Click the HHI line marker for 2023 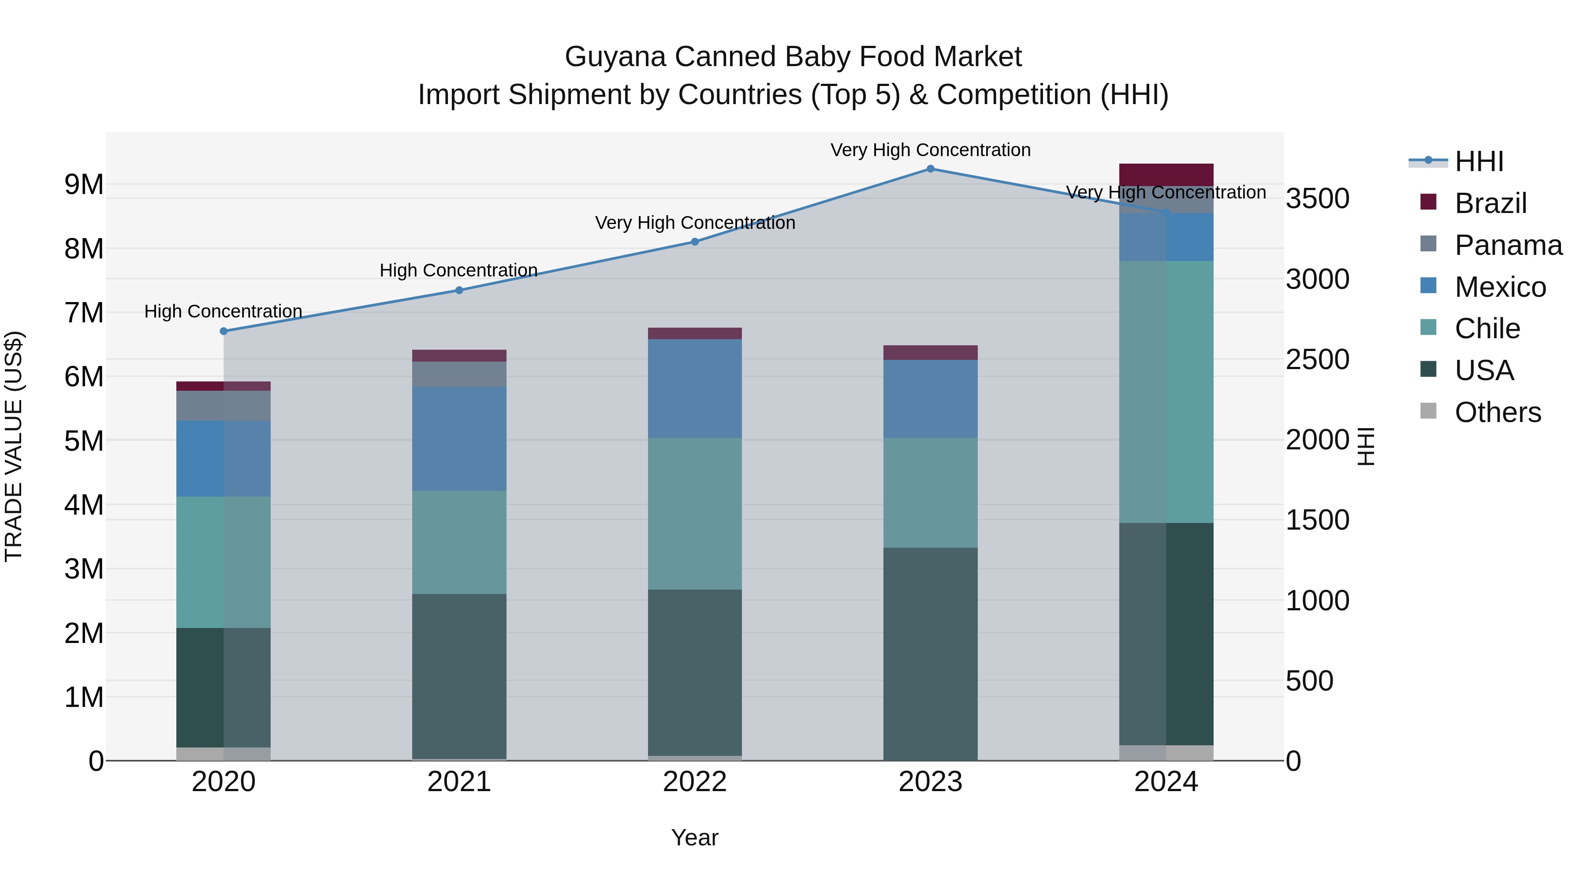coord(930,169)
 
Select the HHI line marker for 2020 coord(224,331)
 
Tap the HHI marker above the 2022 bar coord(695,242)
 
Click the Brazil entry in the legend coord(1490,203)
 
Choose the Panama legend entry coord(1508,245)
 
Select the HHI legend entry coord(1479,161)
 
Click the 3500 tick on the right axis coord(1317,198)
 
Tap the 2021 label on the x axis coord(459,782)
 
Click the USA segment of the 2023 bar coord(930,653)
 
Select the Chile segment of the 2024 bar coord(1166,392)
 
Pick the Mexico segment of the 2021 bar coord(459,439)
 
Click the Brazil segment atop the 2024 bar coord(1166,174)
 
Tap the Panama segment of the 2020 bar coord(224,406)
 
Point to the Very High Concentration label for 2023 coord(930,150)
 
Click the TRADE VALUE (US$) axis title coord(14,446)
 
